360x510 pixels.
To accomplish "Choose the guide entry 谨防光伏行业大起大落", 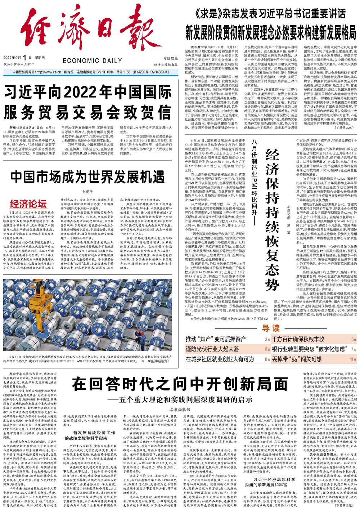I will tap(212, 349).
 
